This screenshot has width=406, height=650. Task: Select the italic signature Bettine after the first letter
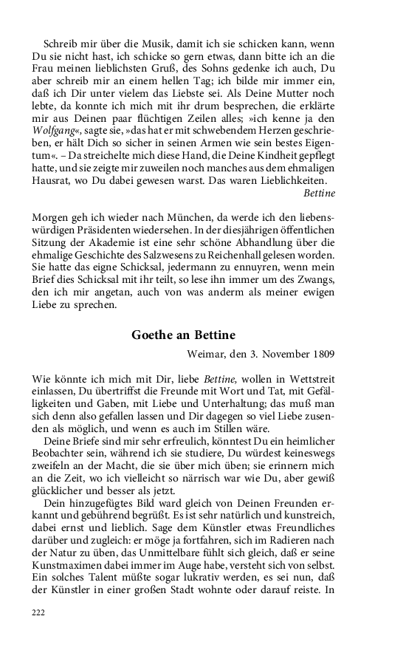point(320,193)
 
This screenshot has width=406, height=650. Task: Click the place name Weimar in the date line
point(210,357)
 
